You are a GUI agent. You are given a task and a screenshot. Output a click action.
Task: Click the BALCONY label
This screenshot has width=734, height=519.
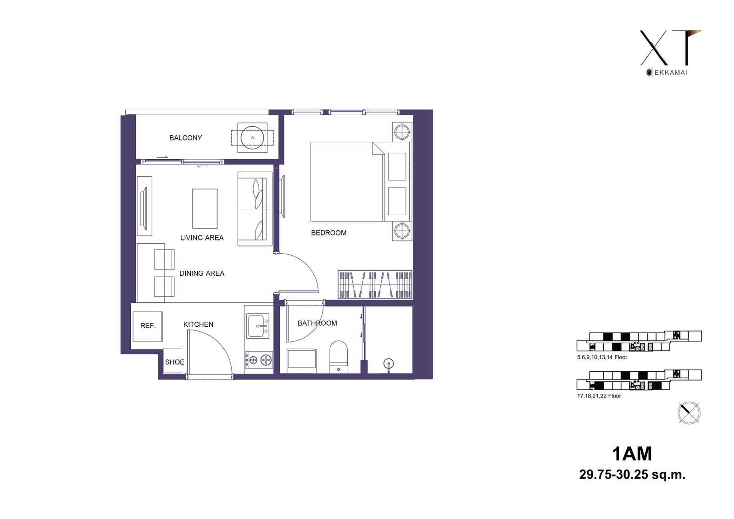(x=185, y=138)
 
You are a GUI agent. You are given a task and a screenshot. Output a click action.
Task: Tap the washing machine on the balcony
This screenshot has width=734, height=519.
(x=252, y=138)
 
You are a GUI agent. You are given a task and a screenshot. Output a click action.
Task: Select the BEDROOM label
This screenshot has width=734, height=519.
(x=328, y=233)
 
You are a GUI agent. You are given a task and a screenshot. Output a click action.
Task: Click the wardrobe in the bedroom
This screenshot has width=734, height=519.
(x=375, y=285)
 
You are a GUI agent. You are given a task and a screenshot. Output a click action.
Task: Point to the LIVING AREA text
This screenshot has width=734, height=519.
(x=202, y=238)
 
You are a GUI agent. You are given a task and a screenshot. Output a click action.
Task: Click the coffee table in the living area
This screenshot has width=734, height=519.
(x=205, y=208)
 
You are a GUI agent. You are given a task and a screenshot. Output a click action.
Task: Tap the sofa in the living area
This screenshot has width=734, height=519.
(x=255, y=209)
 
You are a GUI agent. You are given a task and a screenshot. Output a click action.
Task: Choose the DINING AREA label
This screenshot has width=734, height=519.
(x=202, y=273)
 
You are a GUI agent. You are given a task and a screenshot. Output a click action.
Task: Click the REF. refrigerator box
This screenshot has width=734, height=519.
(x=148, y=326)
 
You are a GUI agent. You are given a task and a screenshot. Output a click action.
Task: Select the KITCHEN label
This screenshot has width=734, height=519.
(x=198, y=324)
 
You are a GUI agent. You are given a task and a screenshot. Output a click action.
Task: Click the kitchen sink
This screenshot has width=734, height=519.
(x=258, y=326)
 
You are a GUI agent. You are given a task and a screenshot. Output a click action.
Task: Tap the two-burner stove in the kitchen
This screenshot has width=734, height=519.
(x=259, y=360)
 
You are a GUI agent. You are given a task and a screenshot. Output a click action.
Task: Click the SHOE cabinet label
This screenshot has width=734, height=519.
(x=174, y=362)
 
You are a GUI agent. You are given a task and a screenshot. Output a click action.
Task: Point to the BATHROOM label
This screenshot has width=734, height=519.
(x=317, y=323)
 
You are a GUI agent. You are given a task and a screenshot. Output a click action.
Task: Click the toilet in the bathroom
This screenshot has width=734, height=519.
(x=338, y=357)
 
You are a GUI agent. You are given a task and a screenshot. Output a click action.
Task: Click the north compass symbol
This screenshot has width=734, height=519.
(x=689, y=413)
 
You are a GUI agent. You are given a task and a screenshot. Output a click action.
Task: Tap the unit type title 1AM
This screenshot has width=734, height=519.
(x=632, y=454)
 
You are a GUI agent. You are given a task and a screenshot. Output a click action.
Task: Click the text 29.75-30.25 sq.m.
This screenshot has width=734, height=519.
(x=632, y=474)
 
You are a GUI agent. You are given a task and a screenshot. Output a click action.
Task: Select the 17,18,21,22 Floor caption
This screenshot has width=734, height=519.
(x=599, y=396)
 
